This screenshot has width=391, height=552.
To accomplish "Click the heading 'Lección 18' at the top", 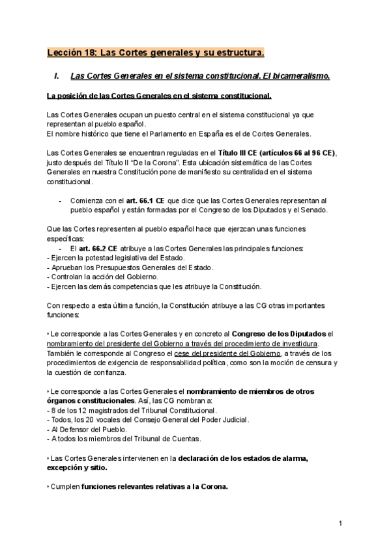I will (72, 51).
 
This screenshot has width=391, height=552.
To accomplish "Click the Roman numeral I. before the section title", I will (58, 76).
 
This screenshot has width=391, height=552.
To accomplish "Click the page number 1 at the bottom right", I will (340, 523).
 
